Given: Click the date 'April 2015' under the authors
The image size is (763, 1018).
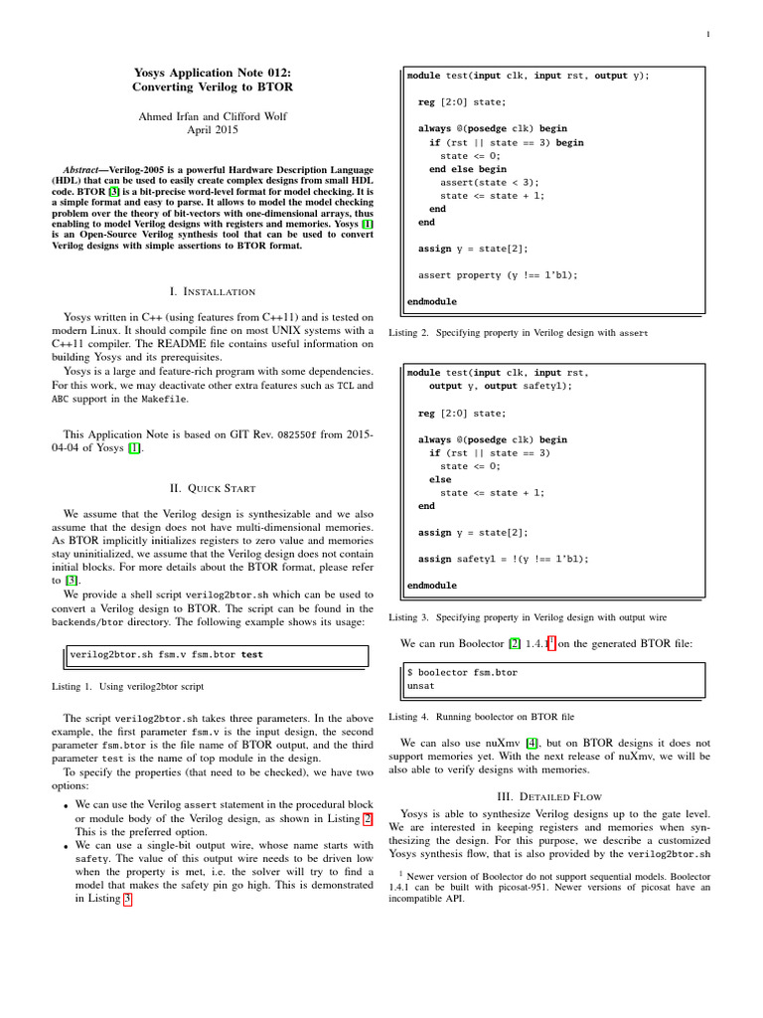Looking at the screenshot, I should (213, 129).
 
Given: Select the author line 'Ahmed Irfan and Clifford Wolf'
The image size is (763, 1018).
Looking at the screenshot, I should (213, 115).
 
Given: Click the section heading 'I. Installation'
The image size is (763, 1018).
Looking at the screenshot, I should (213, 291).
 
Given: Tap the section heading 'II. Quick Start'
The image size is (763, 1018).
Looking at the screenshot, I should (213, 488).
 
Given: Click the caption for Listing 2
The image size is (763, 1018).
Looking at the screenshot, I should (518, 333).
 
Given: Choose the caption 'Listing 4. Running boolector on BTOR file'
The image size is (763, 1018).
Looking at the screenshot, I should (481, 717).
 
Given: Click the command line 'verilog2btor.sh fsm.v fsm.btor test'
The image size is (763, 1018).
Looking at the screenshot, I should (167, 654).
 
